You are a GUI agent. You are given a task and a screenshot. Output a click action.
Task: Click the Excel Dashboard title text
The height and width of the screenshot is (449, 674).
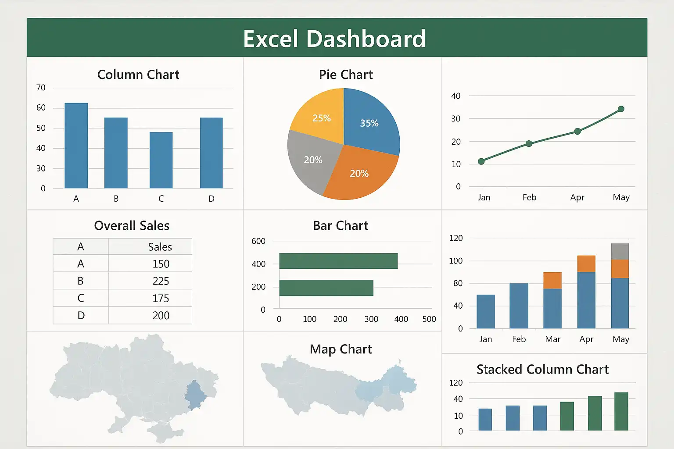click(x=334, y=39)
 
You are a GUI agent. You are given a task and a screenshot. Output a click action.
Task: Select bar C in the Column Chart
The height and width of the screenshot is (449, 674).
click(x=161, y=160)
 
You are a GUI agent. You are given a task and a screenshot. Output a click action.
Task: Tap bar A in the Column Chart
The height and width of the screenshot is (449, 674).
click(x=76, y=146)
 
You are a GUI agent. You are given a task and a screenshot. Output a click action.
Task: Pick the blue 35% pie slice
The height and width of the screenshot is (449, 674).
click(x=369, y=121)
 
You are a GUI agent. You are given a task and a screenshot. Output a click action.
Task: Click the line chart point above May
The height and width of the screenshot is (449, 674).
click(x=621, y=109)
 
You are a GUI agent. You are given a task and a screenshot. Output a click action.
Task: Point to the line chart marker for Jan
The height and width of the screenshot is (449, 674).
click(x=481, y=161)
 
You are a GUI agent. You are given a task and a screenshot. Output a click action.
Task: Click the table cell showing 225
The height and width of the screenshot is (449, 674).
click(x=161, y=281)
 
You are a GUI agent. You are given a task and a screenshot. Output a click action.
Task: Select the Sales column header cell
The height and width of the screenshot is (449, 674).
click(x=160, y=247)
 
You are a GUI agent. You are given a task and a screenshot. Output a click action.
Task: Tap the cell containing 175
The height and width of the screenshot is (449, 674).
click(x=161, y=298)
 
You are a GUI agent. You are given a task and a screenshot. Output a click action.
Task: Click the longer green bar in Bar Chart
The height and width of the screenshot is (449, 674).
click(x=338, y=261)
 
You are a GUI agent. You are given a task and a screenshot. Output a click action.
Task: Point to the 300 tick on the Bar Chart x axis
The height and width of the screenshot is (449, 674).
click(x=371, y=319)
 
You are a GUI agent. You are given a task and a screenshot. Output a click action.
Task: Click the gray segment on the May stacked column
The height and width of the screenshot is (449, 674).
click(x=620, y=252)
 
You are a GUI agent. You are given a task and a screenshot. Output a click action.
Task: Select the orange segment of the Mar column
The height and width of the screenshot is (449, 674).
click(x=552, y=280)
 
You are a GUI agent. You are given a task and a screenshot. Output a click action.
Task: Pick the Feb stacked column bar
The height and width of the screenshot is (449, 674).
click(x=519, y=306)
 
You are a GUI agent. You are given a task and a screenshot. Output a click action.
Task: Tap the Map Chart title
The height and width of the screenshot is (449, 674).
click(x=341, y=349)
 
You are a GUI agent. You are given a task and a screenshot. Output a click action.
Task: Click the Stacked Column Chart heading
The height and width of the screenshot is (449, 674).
click(x=542, y=370)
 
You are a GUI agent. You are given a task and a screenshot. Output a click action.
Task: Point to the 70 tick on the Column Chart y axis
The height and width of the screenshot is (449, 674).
click(x=41, y=88)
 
